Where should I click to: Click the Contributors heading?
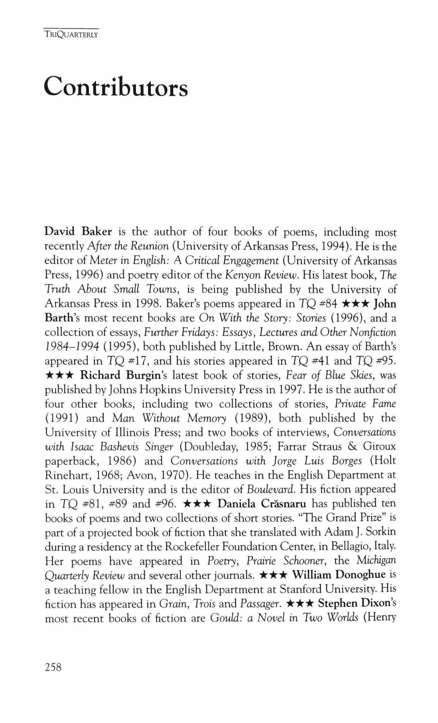pyautogui.click(x=116, y=86)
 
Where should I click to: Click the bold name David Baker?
pyautogui.click(x=78, y=232)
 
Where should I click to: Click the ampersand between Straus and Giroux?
pyautogui.click(x=352, y=447)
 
